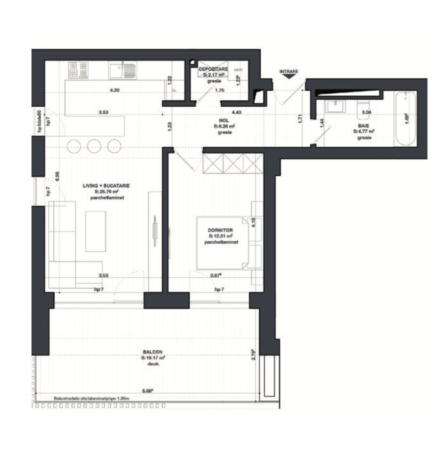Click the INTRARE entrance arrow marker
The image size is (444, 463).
pyautogui.click(x=288, y=75)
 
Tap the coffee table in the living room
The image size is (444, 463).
pyautogui.click(x=95, y=232)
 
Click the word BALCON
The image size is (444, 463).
pyautogui.click(x=153, y=352)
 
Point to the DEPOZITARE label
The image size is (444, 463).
pyautogui.click(x=212, y=68)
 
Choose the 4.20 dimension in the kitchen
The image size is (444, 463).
pyautogui.click(x=115, y=90)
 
